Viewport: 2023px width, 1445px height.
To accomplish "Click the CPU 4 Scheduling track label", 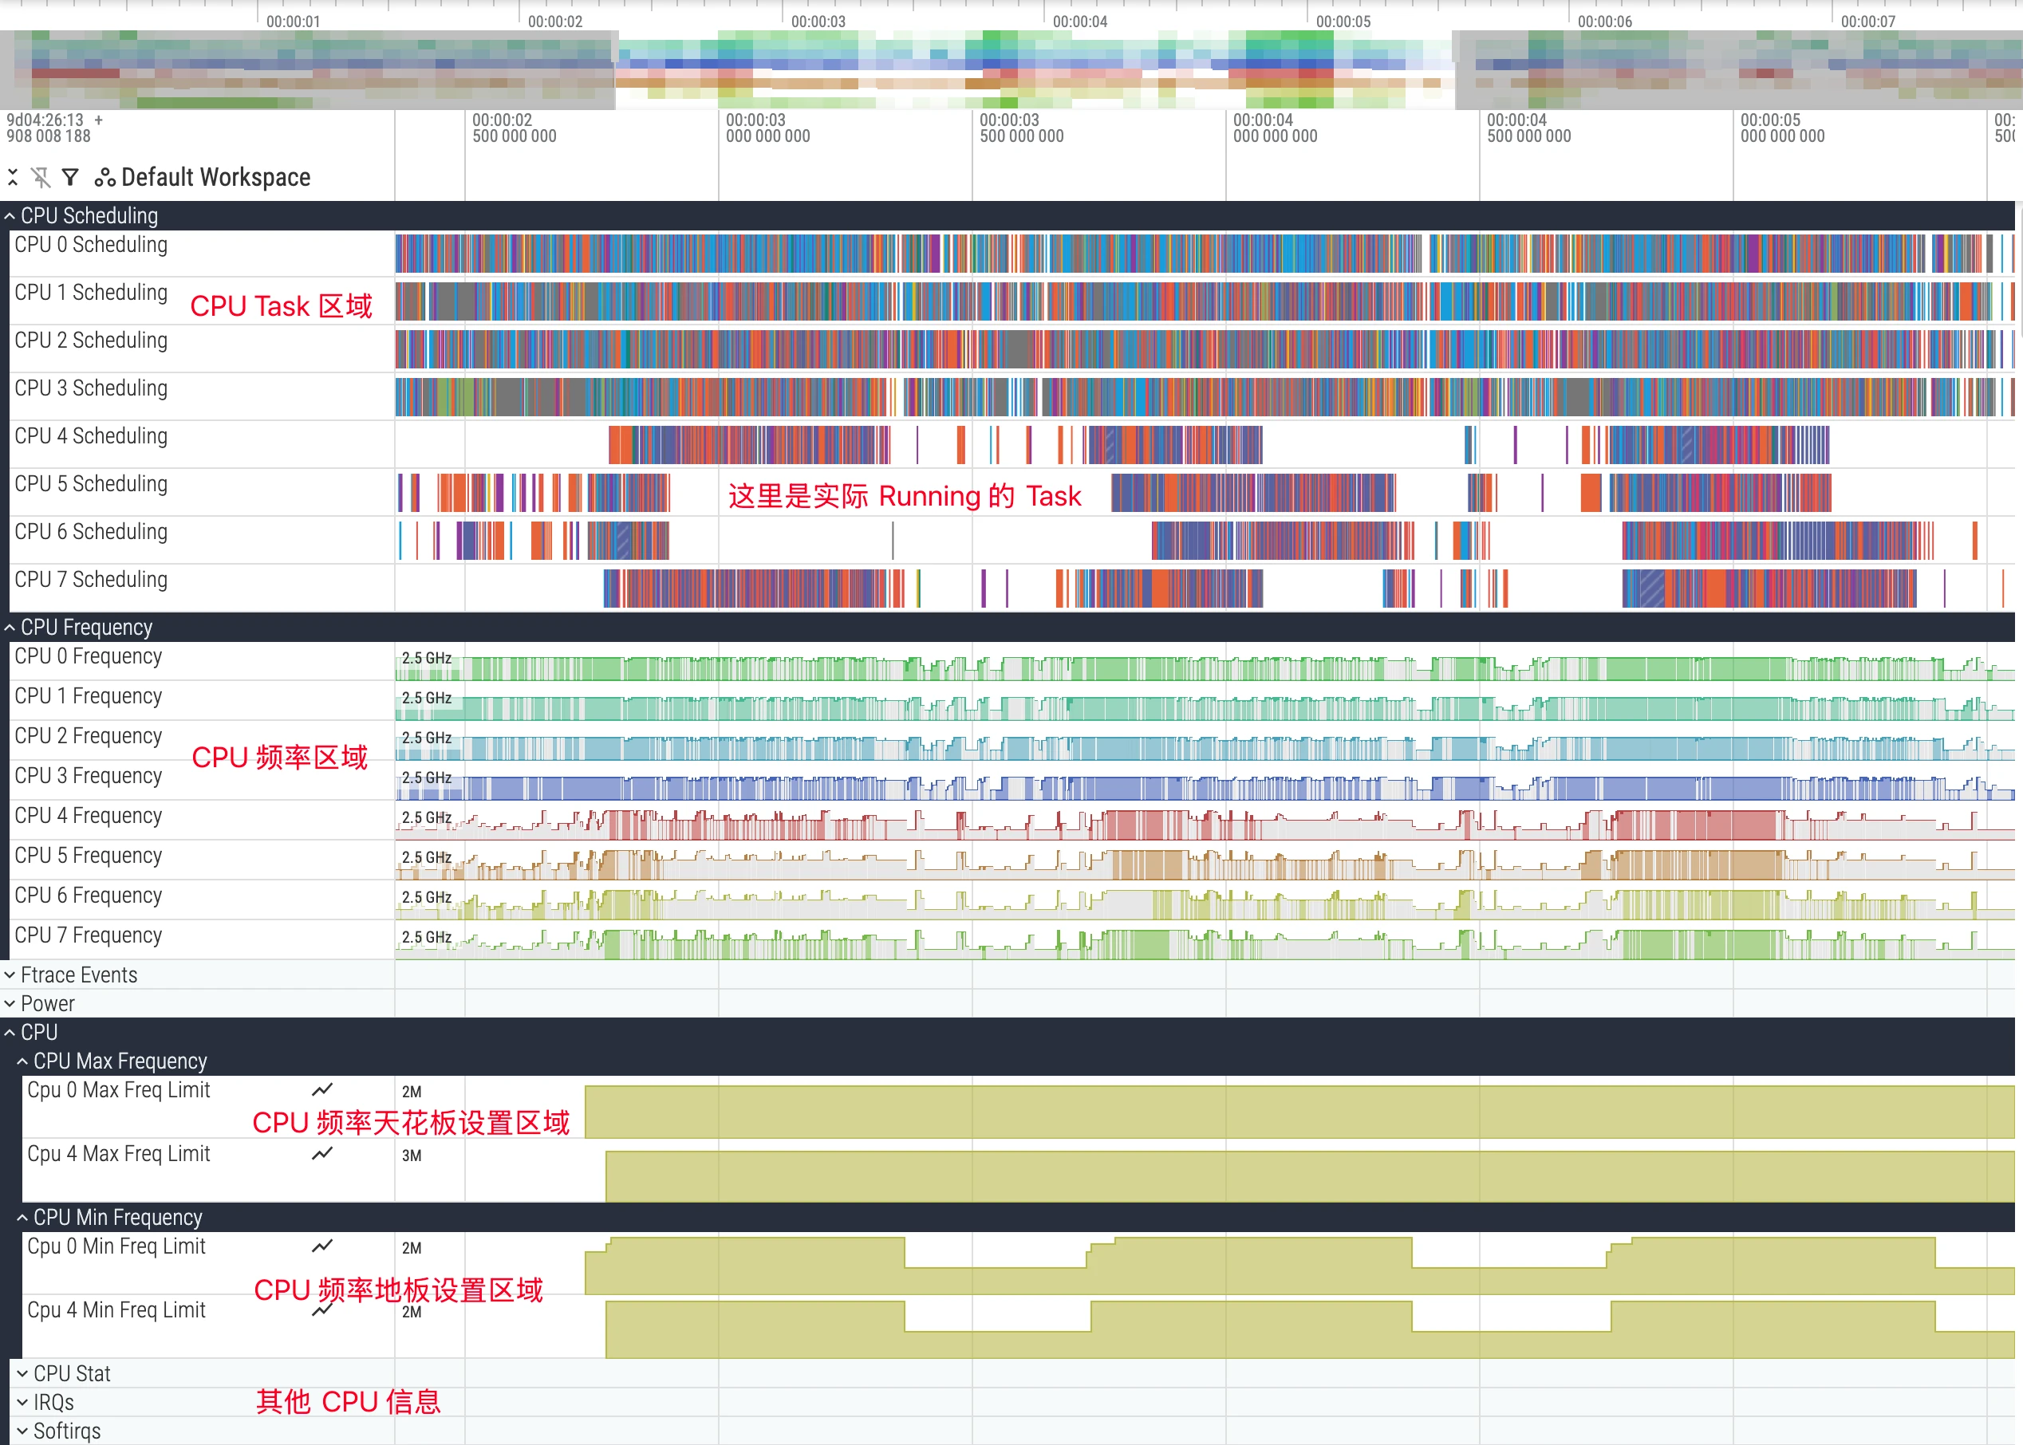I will coord(91,436).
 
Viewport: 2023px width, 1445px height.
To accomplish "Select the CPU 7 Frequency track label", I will coord(88,935).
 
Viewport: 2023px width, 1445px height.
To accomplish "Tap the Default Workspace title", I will coord(215,177).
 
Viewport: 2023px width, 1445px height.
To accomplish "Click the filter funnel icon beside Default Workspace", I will coord(70,177).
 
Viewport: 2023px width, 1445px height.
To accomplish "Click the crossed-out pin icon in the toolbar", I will coord(41,177).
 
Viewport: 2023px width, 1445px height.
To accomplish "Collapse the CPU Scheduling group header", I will coord(89,215).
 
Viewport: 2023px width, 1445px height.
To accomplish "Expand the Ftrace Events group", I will coord(78,975).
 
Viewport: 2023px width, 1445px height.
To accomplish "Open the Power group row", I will coord(47,1004).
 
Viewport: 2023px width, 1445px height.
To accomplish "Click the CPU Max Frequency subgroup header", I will coord(120,1061).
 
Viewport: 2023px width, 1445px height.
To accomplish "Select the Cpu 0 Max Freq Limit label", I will coord(118,1090).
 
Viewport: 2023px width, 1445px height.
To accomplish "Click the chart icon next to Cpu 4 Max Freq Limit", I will coord(322,1153).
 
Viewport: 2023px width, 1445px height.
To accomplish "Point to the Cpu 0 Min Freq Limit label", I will coord(116,1246).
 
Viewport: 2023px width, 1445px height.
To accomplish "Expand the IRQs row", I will coord(53,1402).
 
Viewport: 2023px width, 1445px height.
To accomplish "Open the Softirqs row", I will coord(67,1431).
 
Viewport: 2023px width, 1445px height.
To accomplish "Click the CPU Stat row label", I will coord(71,1374).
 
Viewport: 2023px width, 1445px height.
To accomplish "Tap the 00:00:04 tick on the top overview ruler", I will coord(1079,22).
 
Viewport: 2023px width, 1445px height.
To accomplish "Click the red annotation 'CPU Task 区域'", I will coord(282,306).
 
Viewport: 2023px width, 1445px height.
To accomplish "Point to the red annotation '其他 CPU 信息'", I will coord(348,1401).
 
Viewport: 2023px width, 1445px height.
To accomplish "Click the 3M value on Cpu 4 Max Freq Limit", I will coord(411,1156).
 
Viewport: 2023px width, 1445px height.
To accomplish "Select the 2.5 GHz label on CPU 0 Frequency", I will coord(426,659).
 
